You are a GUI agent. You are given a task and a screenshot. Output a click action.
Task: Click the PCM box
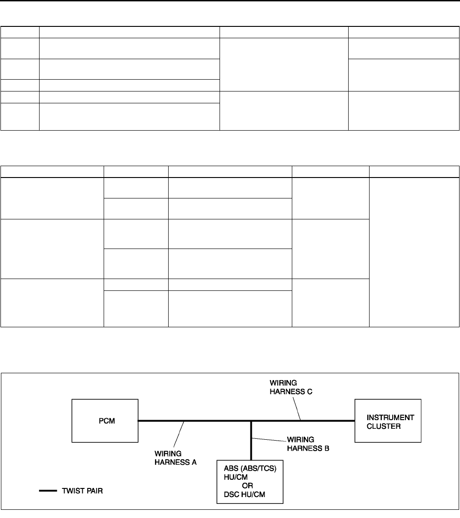[x=105, y=421]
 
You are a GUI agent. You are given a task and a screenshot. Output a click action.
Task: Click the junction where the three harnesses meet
[x=251, y=421]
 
